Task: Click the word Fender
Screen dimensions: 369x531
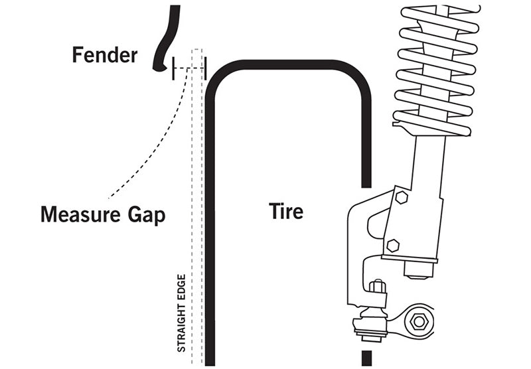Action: tap(104, 54)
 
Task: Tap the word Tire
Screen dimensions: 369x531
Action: tap(286, 211)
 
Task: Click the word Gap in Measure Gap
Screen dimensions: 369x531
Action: tap(148, 215)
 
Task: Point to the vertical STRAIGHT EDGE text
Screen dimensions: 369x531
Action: tap(181, 312)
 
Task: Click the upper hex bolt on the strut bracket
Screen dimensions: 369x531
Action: tap(401, 198)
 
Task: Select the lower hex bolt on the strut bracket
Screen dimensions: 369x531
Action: tap(392, 244)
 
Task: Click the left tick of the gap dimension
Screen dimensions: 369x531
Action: tap(173, 68)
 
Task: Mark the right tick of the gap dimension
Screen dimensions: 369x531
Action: tap(205, 68)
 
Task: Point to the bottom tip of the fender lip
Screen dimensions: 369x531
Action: tap(157, 68)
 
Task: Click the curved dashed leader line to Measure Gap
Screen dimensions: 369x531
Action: tap(153, 146)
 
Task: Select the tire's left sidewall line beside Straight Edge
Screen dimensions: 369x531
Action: tap(210, 232)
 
